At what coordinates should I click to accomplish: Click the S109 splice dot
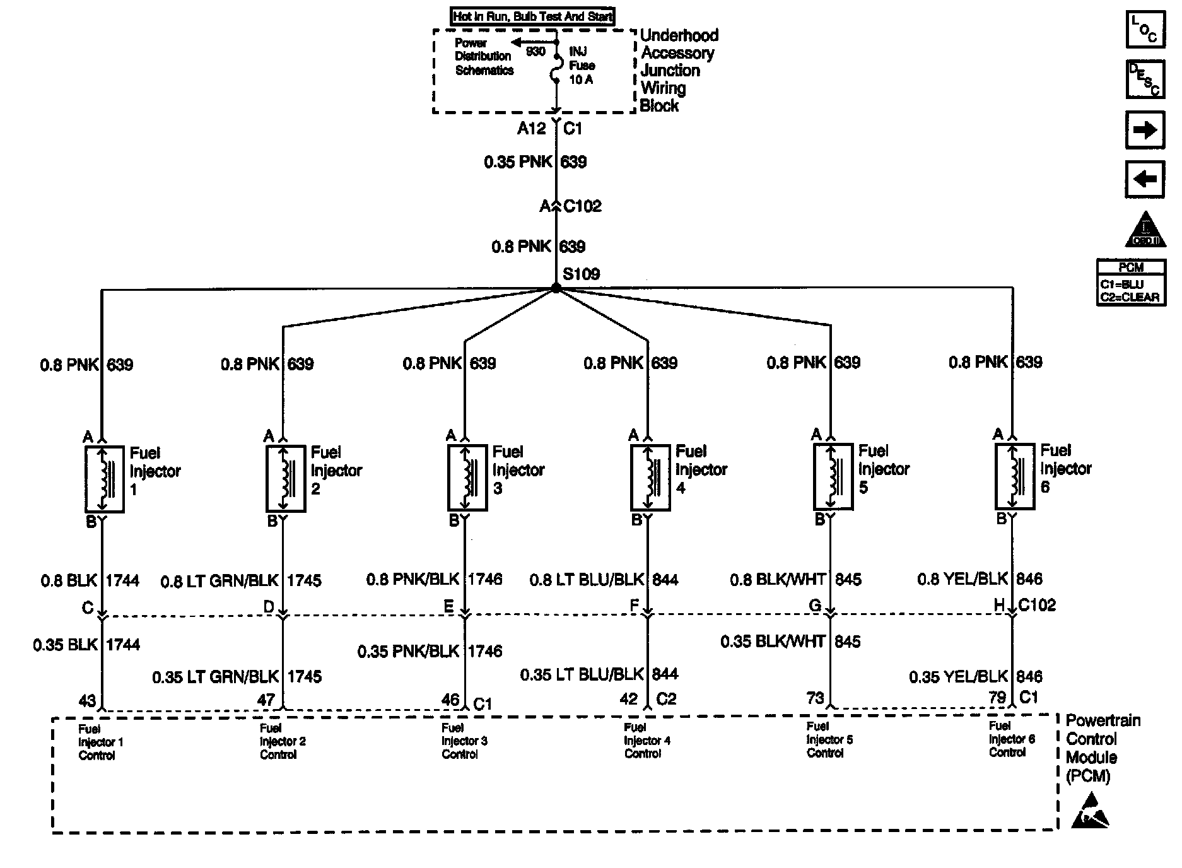(556, 288)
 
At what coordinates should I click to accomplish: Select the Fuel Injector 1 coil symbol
(104, 479)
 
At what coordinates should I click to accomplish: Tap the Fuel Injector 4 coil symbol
(650, 478)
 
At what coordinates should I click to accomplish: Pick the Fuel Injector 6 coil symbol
(1014, 476)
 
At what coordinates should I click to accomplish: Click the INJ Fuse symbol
(556, 66)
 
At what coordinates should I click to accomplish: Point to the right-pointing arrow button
(1145, 130)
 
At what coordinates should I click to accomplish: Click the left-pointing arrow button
(1145, 180)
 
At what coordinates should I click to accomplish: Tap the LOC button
(1145, 29)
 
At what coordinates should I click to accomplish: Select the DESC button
(1145, 79)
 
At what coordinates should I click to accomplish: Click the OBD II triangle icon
(1145, 231)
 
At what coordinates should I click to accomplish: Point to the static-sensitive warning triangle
(1090, 812)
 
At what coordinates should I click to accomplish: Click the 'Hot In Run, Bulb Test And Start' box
(533, 16)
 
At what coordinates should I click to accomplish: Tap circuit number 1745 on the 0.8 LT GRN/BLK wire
(304, 580)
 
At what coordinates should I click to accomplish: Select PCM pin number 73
(816, 698)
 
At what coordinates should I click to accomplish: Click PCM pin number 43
(88, 700)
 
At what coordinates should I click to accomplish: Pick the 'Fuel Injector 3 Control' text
(464, 741)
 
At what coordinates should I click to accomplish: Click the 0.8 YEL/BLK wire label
(963, 579)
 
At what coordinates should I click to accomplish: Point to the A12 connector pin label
(531, 129)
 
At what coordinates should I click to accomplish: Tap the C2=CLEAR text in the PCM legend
(1130, 297)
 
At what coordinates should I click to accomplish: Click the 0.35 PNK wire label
(518, 162)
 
